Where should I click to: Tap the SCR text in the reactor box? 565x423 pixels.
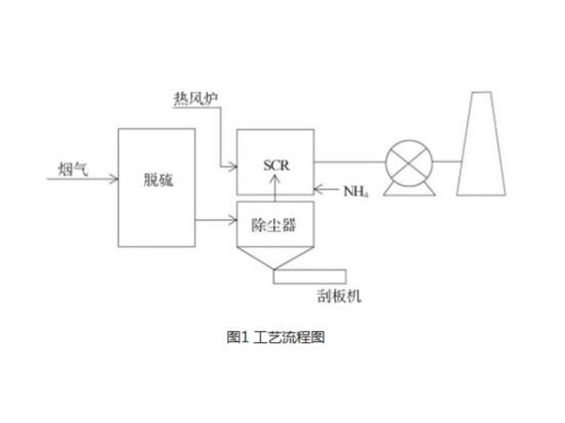click(274, 165)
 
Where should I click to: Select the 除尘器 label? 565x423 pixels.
click(273, 224)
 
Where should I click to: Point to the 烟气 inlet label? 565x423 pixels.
click(73, 168)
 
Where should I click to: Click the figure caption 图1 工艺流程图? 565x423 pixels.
click(282, 336)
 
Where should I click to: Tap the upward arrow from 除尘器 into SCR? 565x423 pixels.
click(274, 187)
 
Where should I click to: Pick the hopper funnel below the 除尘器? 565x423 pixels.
click(273, 258)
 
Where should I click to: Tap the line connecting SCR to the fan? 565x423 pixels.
click(350, 160)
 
